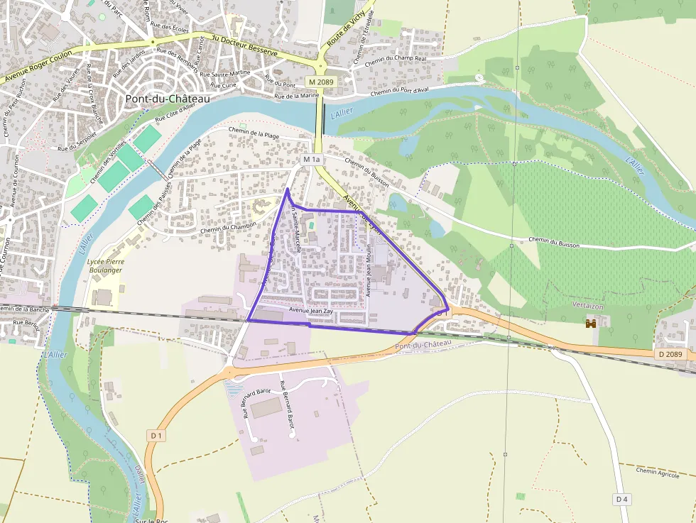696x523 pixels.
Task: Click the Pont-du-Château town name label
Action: pyautogui.click(x=168, y=99)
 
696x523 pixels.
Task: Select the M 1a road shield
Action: pyautogui.click(x=312, y=160)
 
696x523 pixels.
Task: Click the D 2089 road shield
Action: pyautogui.click(x=670, y=354)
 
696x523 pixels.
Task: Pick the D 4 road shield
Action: pyautogui.click(x=622, y=500)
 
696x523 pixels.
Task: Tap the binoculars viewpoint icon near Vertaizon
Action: pyautogui.click(x=590, y=323)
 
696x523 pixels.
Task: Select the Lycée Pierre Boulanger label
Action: pyautogui.click(x=104, y=266)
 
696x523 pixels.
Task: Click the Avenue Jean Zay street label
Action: pyautogui.click(x=310, y=311)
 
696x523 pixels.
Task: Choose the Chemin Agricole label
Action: pyautogui.click(x=658, y=472)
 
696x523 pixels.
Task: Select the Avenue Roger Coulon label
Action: pyautogui.click(x=40, y=70)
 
